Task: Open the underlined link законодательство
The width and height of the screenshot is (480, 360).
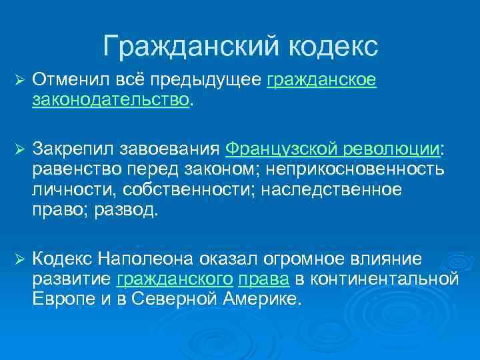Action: click(110, 100)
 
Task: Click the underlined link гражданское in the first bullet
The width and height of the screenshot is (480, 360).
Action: click(321, 81)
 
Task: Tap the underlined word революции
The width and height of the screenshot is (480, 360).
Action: click(397, 147)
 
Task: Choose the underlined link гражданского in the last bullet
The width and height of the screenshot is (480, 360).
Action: click(175, 278)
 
